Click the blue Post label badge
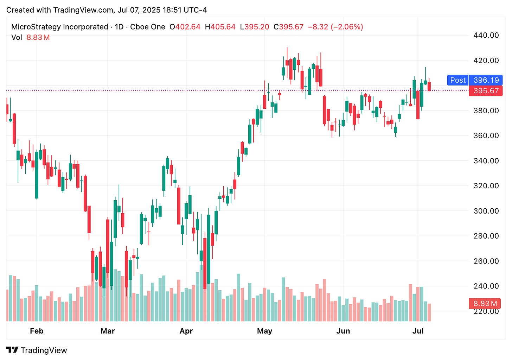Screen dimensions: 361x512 pos(457,80)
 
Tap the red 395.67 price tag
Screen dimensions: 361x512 pos(486,91)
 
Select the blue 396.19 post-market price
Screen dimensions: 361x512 pos(486,80)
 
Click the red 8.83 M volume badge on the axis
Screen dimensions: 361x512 pos(485,303)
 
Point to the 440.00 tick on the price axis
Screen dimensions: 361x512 pos(486,35)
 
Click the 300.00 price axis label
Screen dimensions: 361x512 pos(486,211)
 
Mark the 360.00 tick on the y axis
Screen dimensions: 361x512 pos(486,135)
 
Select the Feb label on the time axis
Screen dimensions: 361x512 pos(37,331)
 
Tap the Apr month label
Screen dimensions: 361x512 pos(186,331)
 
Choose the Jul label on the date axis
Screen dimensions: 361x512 pos(418,331)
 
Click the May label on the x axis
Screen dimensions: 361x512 pos(264,331)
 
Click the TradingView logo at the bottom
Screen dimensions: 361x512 pos(37,350)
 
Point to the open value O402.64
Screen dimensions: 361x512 pos(185,27)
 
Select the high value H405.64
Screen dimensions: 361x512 pos(220,27)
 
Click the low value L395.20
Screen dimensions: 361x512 pos(255,27)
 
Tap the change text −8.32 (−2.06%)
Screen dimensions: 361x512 pos(335,27)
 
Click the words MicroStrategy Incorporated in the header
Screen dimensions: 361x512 pos(60,27)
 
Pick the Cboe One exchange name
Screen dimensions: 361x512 pos(147,27)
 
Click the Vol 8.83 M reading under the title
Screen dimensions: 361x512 pos(30,37)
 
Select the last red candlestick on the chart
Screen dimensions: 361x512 pos(429,87)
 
